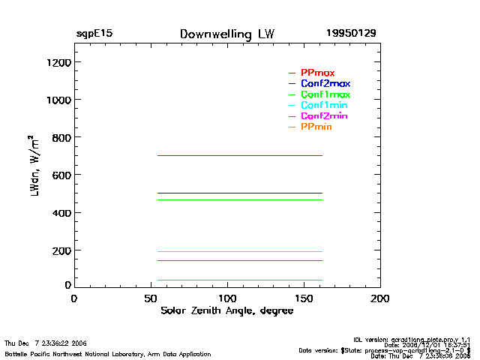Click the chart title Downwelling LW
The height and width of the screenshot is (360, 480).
click(227, 34)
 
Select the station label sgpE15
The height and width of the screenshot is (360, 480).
click(94, 34)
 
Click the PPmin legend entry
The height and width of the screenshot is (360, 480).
click(316, 127)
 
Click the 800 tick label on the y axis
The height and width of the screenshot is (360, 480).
click(59, 138)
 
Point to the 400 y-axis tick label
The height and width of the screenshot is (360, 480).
click(59, 214)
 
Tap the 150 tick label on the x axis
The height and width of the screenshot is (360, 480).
click(304, 298)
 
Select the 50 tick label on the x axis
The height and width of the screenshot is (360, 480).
click(150, 298)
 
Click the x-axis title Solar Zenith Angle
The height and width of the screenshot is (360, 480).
click(226, 311)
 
